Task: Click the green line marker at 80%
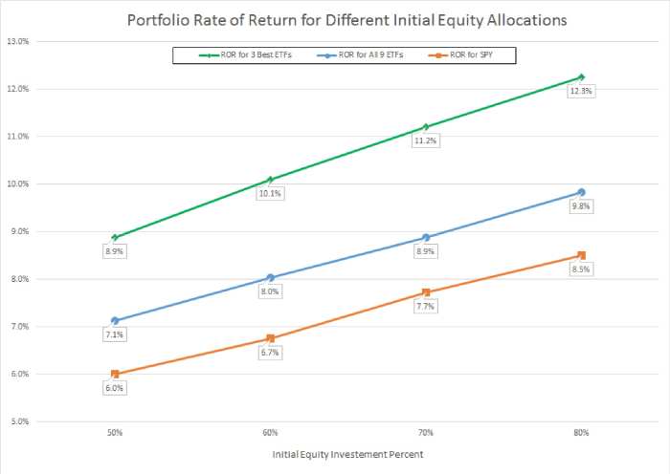(581, 77)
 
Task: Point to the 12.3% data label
(581, 92)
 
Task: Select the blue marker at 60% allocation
(270, 278)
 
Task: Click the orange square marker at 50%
(115, 374)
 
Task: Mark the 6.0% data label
(115, 388)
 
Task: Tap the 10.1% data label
(270, 193)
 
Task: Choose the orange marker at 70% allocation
(426, 292)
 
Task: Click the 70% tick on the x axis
(426, 433)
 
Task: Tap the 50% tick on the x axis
(115, 433)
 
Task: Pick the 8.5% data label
(581, 269)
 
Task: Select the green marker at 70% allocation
(426, 127)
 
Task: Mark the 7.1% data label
(115, 334)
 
